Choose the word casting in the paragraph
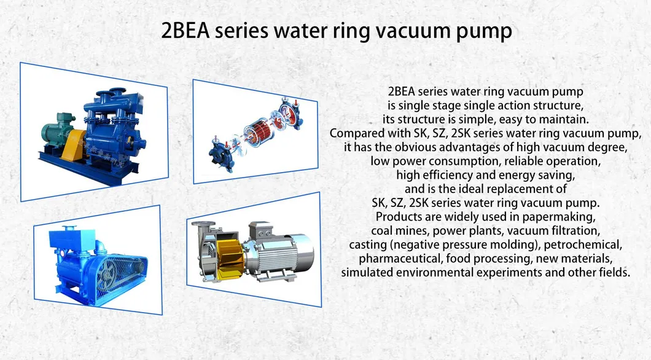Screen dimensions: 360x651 367,245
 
